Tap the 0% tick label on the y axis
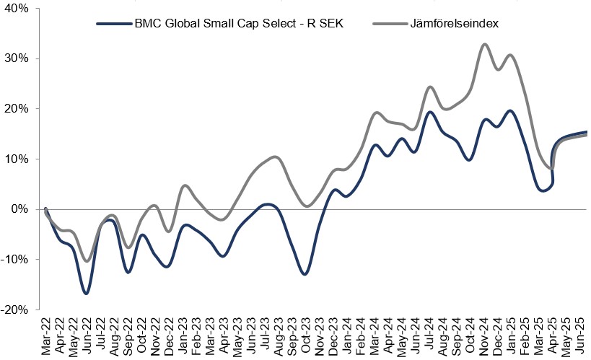(17, 209)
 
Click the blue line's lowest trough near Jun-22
(87, 294)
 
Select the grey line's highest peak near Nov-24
(484, 44)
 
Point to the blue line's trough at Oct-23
(305, 274)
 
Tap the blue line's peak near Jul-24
(429, 112)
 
